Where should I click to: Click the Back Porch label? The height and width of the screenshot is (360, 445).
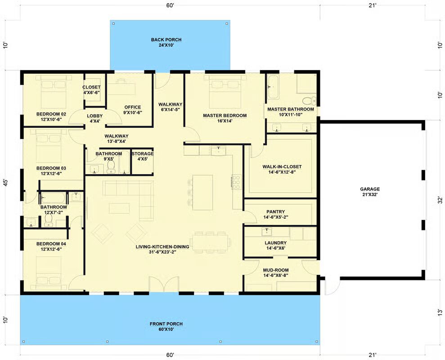(166, 42)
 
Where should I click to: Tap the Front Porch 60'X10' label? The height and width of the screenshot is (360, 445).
(166, 327)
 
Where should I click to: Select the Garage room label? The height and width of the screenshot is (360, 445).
(370, 192)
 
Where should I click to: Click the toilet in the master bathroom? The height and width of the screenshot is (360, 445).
(309, 101)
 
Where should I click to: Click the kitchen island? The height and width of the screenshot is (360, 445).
(202, 192)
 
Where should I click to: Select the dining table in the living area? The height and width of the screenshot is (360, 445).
(211, 242)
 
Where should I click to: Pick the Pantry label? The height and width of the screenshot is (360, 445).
(275, 214)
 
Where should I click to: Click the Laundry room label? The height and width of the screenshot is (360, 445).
(275, 245)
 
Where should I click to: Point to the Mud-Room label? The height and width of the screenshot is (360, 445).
(275, 273)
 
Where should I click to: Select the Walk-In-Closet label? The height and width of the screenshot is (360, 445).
(282, 169)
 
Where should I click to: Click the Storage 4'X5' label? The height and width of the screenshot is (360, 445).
(143, 156)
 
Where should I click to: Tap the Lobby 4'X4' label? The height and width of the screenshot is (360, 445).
(94, 118)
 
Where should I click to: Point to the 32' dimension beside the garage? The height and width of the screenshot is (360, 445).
(440, 200)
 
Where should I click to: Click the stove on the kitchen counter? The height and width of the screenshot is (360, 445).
(236, 181)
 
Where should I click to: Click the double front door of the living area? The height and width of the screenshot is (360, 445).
(164, 284)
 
